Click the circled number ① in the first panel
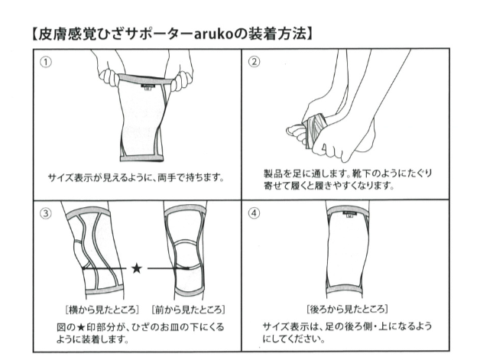[46, 63]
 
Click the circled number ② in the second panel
[254, 62]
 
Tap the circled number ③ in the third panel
[46, 213]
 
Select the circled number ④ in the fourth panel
[254, 213]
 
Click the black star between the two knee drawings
[137, 268]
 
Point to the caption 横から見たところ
[102, 310]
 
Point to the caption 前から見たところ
[188, 310]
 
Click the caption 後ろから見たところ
[347, 309]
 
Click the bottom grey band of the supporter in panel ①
[141, 158]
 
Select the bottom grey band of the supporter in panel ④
[345, 289]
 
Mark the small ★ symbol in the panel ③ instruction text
[81, 327]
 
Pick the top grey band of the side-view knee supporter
[88, 212]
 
